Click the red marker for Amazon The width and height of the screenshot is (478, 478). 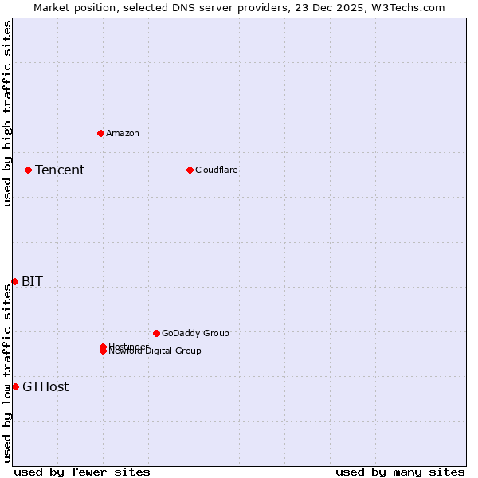[100, 133]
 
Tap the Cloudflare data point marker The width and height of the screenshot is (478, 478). [190, 170]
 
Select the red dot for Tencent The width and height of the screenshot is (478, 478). [28, 170]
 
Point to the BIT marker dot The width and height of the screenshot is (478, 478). [14, 281]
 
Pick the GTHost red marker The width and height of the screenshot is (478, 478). [15, 386]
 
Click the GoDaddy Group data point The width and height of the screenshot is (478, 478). [156, 333]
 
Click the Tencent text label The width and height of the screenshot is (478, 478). [60, 170]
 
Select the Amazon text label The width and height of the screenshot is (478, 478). [123, 133]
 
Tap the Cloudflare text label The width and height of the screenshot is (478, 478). [217, 170]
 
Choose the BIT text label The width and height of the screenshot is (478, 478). [32, 281]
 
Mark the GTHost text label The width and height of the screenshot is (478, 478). [45, 386]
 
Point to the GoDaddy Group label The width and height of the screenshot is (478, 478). [195, 333]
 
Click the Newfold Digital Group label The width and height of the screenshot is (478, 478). [156, 351]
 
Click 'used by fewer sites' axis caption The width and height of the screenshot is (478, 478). [82, 472]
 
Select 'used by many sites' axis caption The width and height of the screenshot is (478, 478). [400, 472]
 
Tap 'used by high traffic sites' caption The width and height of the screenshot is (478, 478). [7, 113]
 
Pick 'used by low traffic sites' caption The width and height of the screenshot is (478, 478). [7, 373]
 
